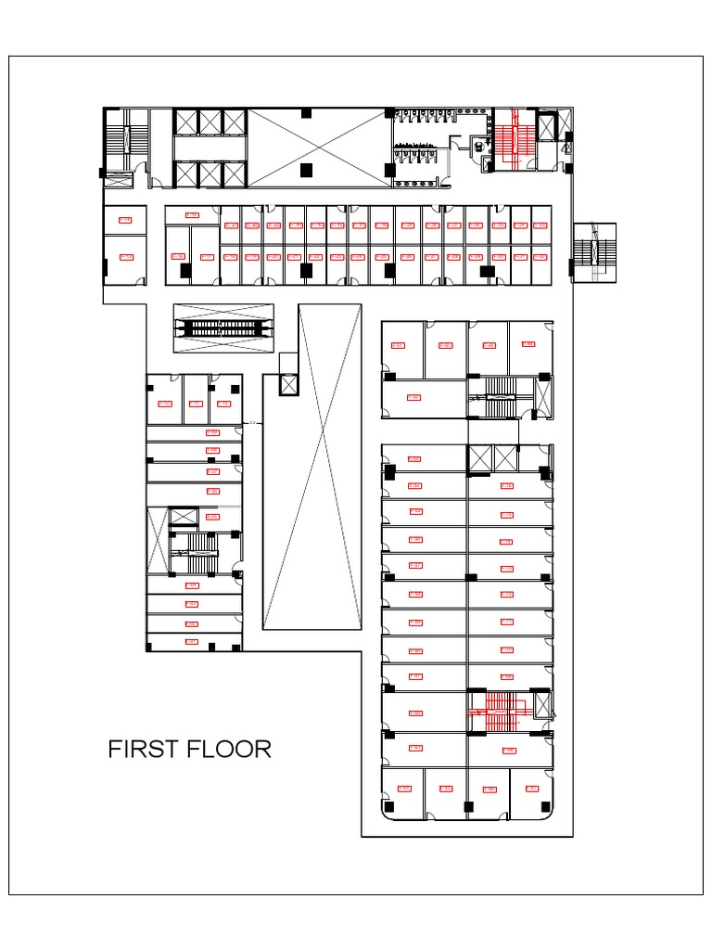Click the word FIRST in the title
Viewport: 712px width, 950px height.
coord(139,749)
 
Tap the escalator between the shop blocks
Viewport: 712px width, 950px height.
coord(225,328)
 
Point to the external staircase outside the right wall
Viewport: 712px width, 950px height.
coord(593,250)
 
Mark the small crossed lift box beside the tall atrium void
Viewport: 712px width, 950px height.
coord(288,384)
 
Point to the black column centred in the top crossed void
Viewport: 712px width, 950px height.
coord(307,170)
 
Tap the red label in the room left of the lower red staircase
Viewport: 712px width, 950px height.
coord(415,712)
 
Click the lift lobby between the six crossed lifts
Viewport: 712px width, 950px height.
coord(210,148)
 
